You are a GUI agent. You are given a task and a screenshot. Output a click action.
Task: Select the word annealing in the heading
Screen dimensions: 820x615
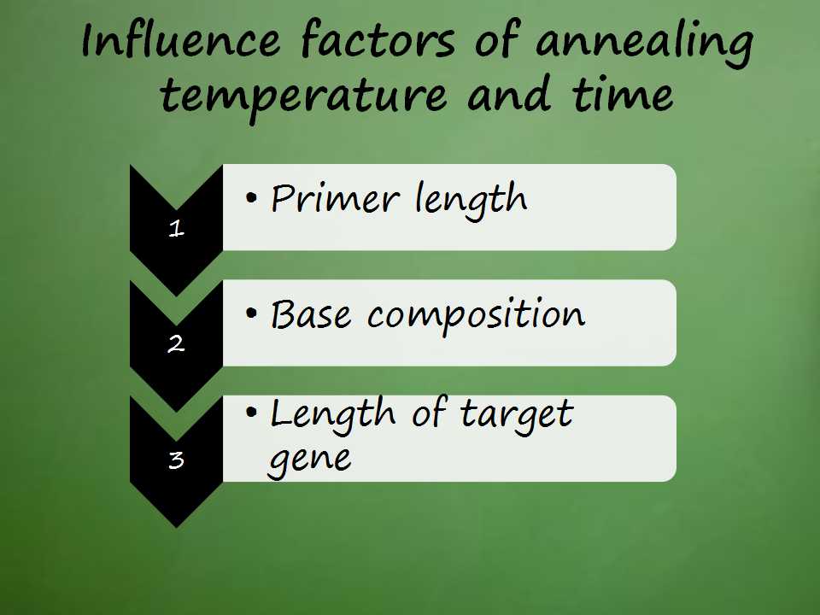tap(644, 43)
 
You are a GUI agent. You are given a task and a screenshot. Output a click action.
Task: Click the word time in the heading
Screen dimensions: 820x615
tap(623, 94)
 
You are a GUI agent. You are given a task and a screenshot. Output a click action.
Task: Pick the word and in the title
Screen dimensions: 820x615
tap(509, 94)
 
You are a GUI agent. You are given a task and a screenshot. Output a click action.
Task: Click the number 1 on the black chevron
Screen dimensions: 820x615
tap(177, 229)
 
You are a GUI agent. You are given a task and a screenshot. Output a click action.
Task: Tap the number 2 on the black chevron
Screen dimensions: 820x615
tap(176, 343)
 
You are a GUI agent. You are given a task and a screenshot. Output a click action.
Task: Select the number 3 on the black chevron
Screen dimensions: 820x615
tap(176, 460)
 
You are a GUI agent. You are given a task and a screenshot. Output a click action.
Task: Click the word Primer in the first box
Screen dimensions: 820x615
tap(335, 198)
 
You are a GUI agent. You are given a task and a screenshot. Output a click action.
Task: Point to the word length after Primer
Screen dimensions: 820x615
tap(471, 201)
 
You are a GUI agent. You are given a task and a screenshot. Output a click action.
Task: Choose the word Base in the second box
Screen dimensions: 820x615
tap(311, 314)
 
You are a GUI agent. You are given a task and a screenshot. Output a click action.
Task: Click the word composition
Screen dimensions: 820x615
tap(476, 315)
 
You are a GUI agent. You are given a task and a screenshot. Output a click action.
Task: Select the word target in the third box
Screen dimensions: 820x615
tap(517, 415)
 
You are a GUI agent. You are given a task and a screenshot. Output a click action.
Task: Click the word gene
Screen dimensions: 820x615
tap(309, 460)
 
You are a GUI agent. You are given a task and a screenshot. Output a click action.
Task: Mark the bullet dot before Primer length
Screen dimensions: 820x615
tap(251, 198)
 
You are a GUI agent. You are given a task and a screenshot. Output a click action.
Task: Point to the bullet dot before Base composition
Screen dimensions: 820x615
tap(251, 313)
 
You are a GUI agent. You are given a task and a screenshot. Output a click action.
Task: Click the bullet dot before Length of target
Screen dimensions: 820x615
tap(251, 413)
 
